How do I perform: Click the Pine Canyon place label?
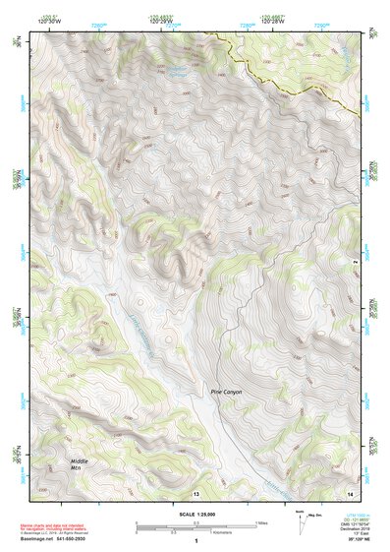coord(225,392)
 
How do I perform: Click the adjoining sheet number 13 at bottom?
coord(195,492)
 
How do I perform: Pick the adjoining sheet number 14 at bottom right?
coord(351,492)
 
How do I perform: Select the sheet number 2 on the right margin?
coord(357,261)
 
